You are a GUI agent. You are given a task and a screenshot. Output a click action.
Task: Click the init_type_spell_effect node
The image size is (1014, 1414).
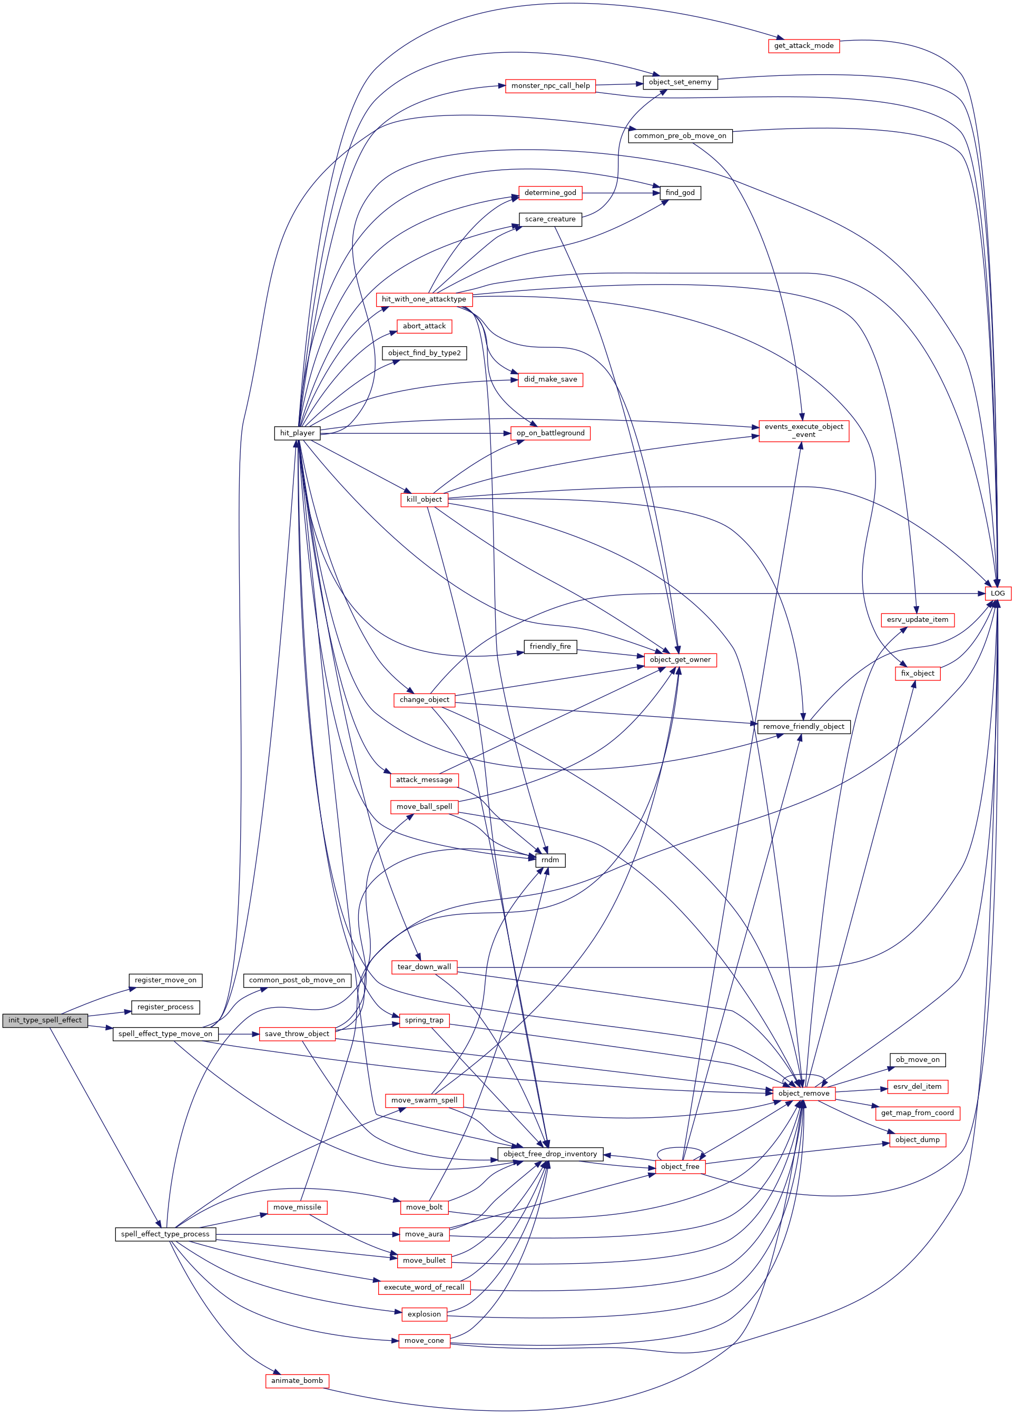click(x=45, y=1020)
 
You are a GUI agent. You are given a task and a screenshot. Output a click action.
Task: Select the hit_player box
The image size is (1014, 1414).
click(x=297, y=433)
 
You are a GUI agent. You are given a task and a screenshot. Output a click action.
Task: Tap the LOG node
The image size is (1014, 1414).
click(x=997, y=593)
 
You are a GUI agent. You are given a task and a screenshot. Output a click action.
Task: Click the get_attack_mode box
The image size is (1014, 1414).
click(x=803, y=45)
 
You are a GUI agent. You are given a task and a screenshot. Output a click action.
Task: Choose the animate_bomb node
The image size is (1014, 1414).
click(x=297, y=1380)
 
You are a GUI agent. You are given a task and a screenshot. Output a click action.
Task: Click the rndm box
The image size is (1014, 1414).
click(x=550, y=860)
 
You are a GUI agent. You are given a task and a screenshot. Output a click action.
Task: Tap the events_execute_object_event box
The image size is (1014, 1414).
click(x=803, y=430)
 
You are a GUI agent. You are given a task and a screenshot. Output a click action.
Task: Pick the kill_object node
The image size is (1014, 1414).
click(x=424, y=500)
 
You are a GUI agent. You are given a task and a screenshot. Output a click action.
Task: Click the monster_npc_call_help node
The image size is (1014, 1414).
click(x=550, y=85)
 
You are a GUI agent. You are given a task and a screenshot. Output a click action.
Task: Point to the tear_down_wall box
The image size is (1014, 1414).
click(x=424, y=967)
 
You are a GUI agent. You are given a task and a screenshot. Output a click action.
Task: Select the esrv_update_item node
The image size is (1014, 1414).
click(x=918, y=620)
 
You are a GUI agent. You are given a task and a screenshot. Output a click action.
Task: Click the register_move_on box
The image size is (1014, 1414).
click(x=165, y=980)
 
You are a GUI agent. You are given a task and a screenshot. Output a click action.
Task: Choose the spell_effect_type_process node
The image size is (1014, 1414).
click(x=165, y=1234)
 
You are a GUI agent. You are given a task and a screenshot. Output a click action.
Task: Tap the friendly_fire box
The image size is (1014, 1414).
click(x=550, y=647)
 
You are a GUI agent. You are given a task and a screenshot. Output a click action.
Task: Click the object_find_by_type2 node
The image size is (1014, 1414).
click(x=424, y=353)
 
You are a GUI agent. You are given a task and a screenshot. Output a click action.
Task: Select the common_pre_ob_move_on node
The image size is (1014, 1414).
click(x=680, y=135)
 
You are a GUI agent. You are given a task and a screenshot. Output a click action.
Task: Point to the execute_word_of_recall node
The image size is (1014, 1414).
click(x=424, y=1287)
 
